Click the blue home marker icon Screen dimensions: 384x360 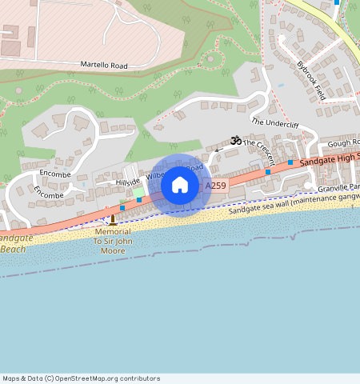(180, 186)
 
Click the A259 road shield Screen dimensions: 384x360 (216, 186)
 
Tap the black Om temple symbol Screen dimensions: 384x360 (235, 140)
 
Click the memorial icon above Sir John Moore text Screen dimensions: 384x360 (113, 219)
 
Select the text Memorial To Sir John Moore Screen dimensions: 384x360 (112, 240)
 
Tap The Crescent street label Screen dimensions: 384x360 (258, 150)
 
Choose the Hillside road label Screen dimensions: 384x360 (127, 182)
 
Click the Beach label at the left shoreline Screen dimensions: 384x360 (13, 249)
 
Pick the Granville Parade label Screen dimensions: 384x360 (339, 187)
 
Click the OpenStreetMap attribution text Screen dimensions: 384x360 (81, 378)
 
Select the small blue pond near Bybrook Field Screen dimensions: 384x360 (281, 85)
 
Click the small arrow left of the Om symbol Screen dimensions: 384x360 (217, 150)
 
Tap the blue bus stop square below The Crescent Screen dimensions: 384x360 (290, 162)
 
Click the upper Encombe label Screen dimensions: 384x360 (55, 174)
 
